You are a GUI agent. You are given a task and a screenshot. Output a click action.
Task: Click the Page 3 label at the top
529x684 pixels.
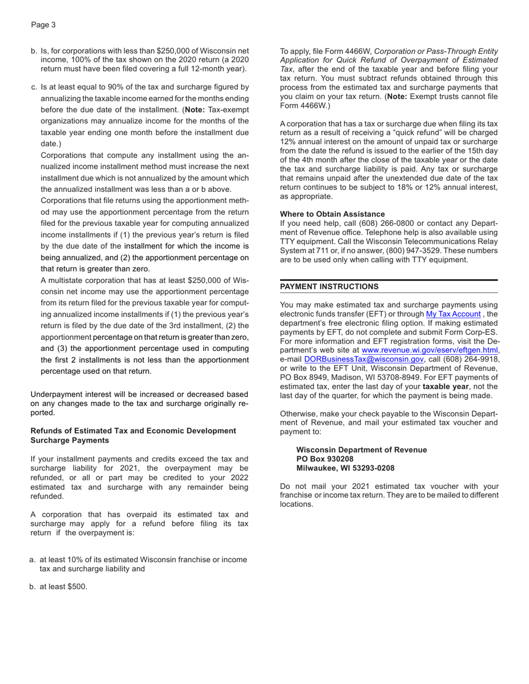pos(43,25)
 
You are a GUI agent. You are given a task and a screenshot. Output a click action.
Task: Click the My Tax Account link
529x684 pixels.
pos(453,314)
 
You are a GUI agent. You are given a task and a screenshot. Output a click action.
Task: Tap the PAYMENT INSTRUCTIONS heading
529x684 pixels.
pos(329,286)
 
